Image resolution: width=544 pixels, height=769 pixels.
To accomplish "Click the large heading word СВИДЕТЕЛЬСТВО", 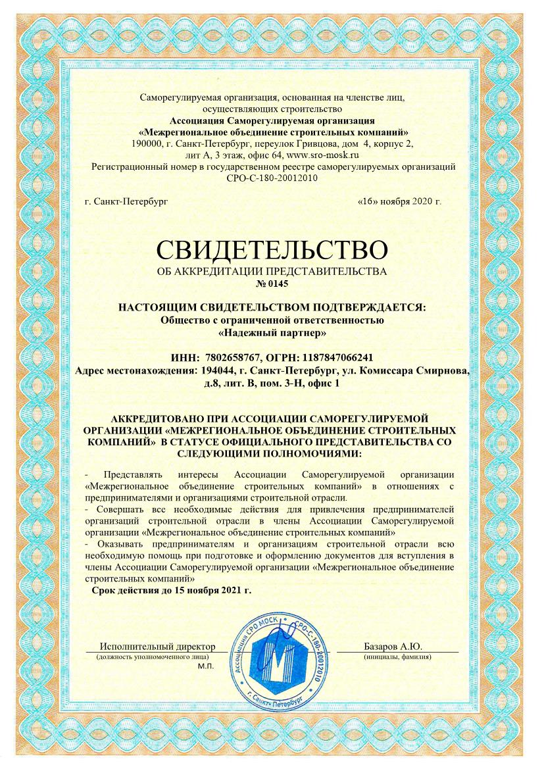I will (x=271, y=250).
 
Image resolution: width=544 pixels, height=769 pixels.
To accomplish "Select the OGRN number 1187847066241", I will (x=337, y=358).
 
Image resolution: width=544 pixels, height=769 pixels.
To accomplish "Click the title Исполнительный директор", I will (x=157, y=647).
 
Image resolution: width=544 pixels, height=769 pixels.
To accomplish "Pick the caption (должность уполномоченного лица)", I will (x=153, y=657).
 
